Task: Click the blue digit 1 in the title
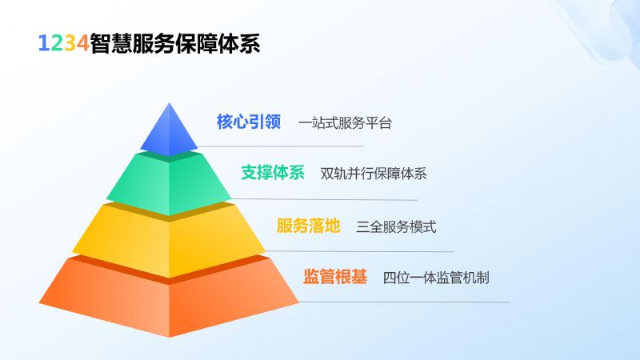(44, 43)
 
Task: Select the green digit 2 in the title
(57, 43)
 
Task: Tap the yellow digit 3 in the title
(70, 43)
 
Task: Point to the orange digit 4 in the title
(83, 43)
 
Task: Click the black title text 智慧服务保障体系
(174, 43)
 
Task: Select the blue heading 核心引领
(249, 122)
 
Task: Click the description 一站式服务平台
(345, 123)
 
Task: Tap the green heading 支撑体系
(273, 172)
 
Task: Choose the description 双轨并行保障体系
(374, 174)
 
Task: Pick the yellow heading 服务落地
(309, 226)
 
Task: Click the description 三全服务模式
(396, 226)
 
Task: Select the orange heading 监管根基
(334, 276)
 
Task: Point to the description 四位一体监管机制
(436, 278)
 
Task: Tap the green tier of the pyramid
(169, 184)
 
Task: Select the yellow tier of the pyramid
(169, 241)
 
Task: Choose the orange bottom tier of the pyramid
(169, 298)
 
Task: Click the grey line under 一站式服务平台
(281, 146)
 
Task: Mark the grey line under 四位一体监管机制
(404, 302)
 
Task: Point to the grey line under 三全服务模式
(359, 251)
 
